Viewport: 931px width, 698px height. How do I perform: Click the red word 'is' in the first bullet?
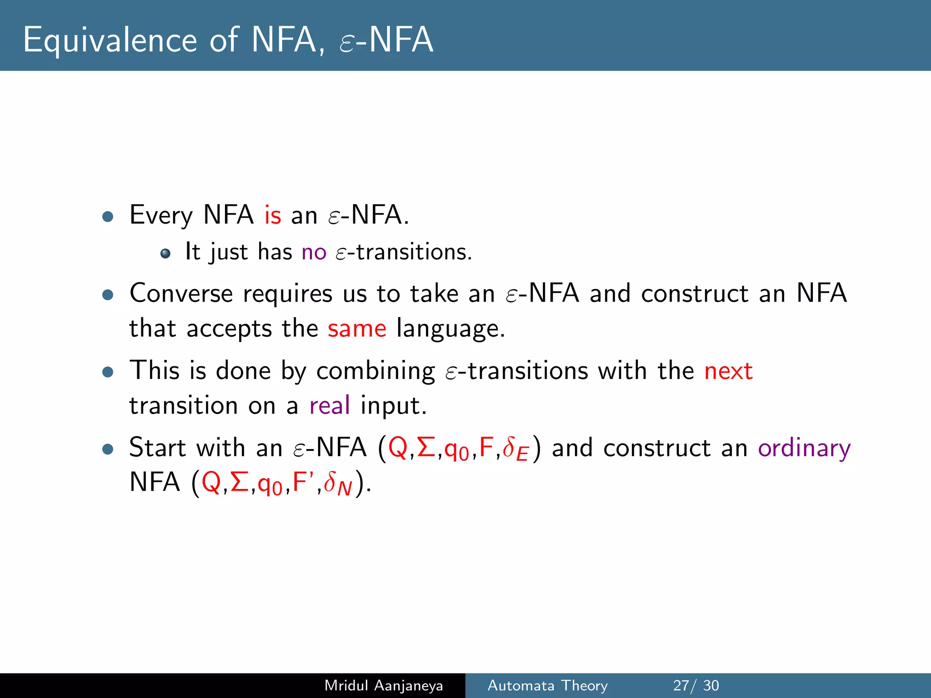[273, 215]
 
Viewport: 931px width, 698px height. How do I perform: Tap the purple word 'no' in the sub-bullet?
[314, 252]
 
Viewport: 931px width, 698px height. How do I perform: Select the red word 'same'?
[357, 329]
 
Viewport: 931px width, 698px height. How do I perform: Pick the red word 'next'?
[728, 371]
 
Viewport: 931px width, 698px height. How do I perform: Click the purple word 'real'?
[330, 405]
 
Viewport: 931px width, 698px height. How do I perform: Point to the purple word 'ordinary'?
[804, 448]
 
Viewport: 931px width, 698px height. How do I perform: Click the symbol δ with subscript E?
[515, 449]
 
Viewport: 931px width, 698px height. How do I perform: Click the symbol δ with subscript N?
[338, 484]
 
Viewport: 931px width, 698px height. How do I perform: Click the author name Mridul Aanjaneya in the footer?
[383, 685]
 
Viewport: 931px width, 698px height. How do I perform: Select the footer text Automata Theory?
[547, 685]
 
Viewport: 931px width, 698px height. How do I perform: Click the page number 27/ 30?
[696, 685]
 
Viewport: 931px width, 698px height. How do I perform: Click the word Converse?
[181, 293]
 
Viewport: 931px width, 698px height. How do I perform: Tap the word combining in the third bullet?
[375, 371]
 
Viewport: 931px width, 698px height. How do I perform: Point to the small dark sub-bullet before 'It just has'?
[165, 253]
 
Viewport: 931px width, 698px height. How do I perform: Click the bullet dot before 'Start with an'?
[108, 449]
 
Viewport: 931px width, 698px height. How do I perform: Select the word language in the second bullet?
[450, 329]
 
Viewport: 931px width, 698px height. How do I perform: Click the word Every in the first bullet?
[161, 215]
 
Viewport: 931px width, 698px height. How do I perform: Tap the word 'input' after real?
[393, 405]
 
